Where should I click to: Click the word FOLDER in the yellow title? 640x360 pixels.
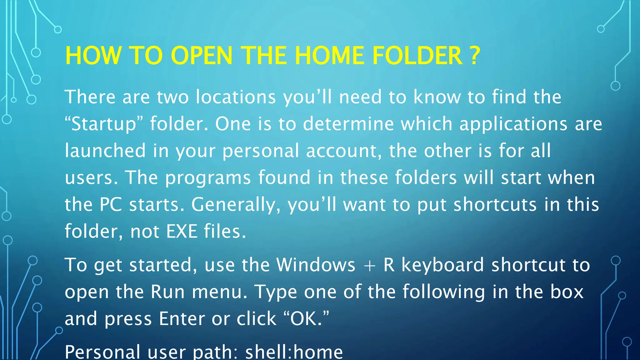417,56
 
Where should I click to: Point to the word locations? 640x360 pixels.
236,97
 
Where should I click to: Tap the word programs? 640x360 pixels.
208,177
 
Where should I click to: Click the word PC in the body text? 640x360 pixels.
111,204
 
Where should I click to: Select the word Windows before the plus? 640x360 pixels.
316,265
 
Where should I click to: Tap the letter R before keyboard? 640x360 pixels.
389,265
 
